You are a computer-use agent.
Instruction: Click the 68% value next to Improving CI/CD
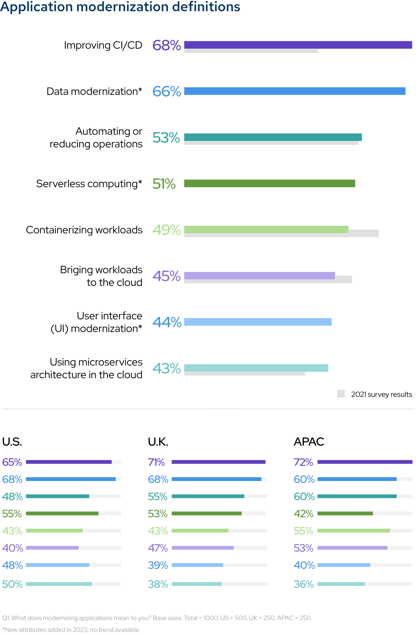(166, 46)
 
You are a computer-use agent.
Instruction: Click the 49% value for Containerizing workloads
(166, 230)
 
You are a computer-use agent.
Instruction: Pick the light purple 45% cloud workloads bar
(259, 276)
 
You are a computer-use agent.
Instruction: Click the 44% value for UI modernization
(167, 322)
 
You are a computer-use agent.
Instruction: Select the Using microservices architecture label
(86, 368)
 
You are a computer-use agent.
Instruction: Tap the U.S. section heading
(12, 442)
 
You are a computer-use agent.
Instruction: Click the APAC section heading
(309, 442)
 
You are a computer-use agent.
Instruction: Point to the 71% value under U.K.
(156, 462)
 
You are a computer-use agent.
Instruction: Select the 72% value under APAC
(303, 462)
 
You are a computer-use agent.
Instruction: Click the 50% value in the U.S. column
(12, 584)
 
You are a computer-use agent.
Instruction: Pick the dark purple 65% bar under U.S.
(69, 462)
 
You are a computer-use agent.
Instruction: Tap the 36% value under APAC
(303, 584)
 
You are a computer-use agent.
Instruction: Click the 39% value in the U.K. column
(158, 565)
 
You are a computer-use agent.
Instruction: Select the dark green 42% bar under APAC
(345, 513)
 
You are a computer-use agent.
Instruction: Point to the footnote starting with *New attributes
(71, 630)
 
